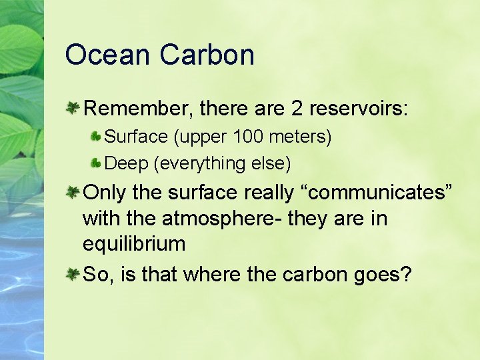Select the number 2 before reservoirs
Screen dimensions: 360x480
[x=297, y=108]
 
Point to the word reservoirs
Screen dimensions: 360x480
[x=360, y=108]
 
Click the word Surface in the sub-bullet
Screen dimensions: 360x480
[x=136, y=137]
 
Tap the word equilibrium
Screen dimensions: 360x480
[x=134, y=244]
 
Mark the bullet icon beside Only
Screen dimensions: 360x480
[x=73, y=191]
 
